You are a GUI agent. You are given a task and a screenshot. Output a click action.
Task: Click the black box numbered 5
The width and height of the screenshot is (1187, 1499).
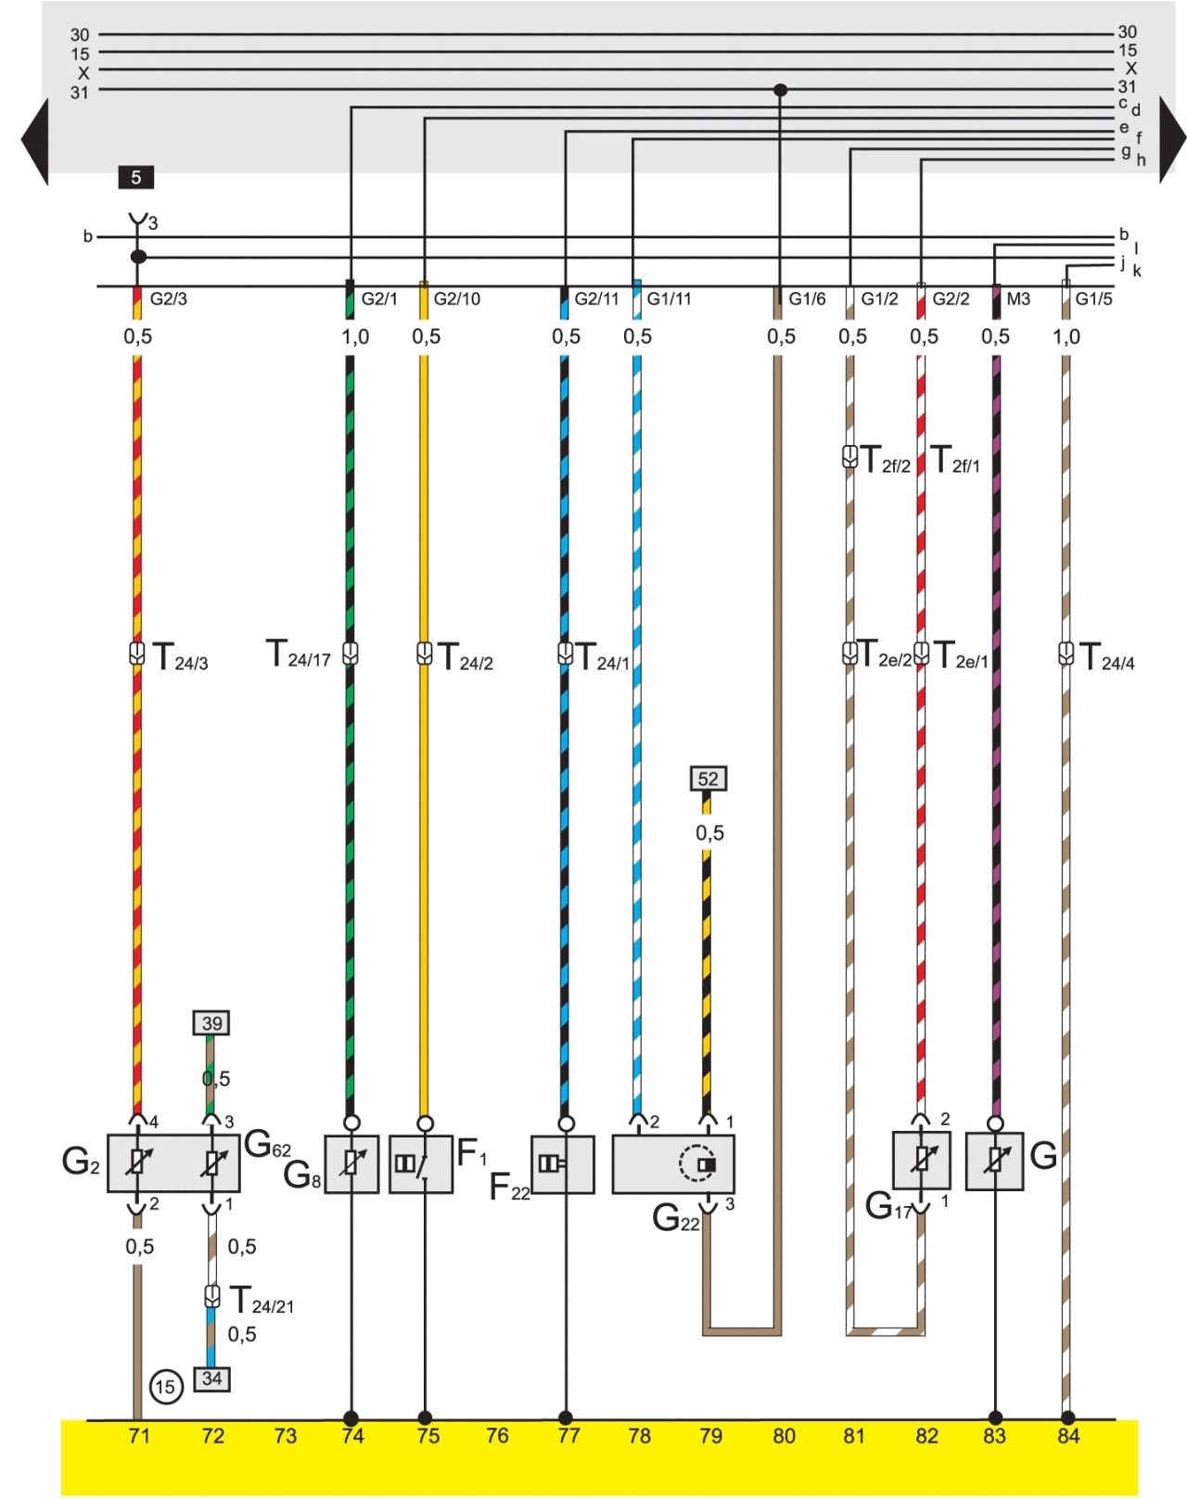(136, 178)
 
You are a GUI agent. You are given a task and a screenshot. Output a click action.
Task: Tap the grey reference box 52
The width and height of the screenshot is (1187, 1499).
(708, 779)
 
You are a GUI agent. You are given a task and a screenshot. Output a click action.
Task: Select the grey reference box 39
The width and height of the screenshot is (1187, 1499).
(211, 1023)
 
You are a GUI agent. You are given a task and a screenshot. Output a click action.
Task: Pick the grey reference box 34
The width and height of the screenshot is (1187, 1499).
(211, 1378)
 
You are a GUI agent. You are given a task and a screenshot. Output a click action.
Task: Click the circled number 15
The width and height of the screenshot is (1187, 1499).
(166, 1386)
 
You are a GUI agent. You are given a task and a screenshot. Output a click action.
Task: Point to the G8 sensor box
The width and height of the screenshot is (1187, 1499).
(351, 1164)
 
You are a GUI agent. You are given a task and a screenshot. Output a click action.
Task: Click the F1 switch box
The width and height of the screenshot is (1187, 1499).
(420, 1164)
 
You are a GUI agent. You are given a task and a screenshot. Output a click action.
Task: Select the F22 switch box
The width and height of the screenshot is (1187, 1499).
(563, 1164)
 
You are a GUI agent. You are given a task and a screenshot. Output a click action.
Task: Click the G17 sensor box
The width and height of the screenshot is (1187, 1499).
(922, 1161)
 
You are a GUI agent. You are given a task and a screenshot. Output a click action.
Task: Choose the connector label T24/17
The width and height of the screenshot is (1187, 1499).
(299, 654)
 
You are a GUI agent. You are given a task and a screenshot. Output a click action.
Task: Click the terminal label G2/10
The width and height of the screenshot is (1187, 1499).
(456, 299)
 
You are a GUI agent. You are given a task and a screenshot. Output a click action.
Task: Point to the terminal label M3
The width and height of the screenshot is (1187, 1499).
(1018, 299)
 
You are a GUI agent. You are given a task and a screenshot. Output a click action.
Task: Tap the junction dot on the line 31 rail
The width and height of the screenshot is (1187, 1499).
(781, 90)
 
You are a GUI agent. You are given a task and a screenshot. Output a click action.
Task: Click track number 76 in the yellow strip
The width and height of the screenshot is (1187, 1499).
(497, 1436)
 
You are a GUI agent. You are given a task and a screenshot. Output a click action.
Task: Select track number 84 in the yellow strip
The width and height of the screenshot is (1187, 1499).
(1067, 1436)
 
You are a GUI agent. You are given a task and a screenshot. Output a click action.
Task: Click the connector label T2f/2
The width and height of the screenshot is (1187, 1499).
(886, 460)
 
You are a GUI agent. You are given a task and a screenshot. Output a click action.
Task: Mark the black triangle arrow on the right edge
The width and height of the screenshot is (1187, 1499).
(1172, 139)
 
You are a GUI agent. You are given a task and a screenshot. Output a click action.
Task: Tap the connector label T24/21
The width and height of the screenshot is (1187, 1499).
(262, 1301)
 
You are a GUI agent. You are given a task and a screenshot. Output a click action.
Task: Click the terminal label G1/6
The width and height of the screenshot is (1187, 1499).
(807, 299)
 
